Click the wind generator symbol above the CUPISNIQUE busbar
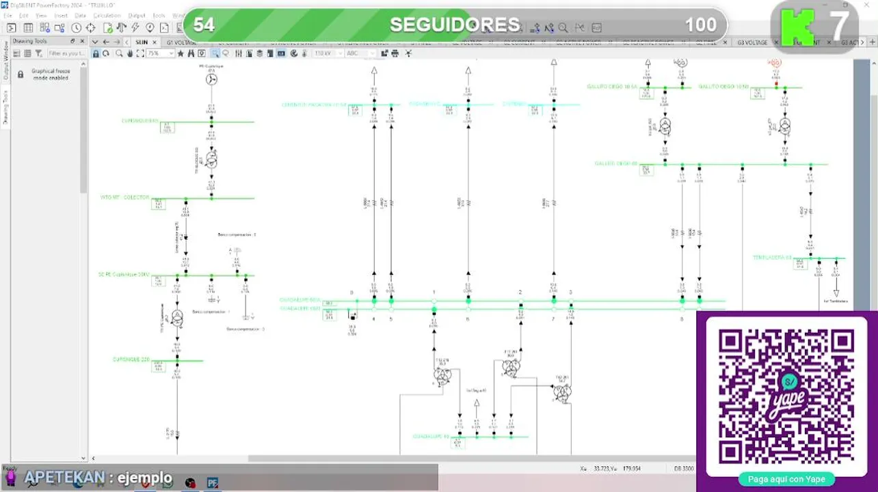click(211, 80)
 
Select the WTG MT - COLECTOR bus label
click(125, 197)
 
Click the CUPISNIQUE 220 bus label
click(131, 359)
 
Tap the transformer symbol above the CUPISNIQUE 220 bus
click(177, 318)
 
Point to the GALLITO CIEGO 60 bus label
click(616, 163)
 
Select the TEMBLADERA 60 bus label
click(772, 258)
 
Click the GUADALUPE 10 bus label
click(431, 436)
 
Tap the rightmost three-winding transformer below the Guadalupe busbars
click(562, 392)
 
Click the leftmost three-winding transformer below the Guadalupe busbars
click(442, 376)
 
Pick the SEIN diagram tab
click(142, 42)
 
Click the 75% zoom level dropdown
click(160, 53)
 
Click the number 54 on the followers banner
click(204, 25)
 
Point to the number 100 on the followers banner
click(700, 25)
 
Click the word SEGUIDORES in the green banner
click(454, 25)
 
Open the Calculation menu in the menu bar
click(107, 15)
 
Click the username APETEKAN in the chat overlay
click(65, 478)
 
